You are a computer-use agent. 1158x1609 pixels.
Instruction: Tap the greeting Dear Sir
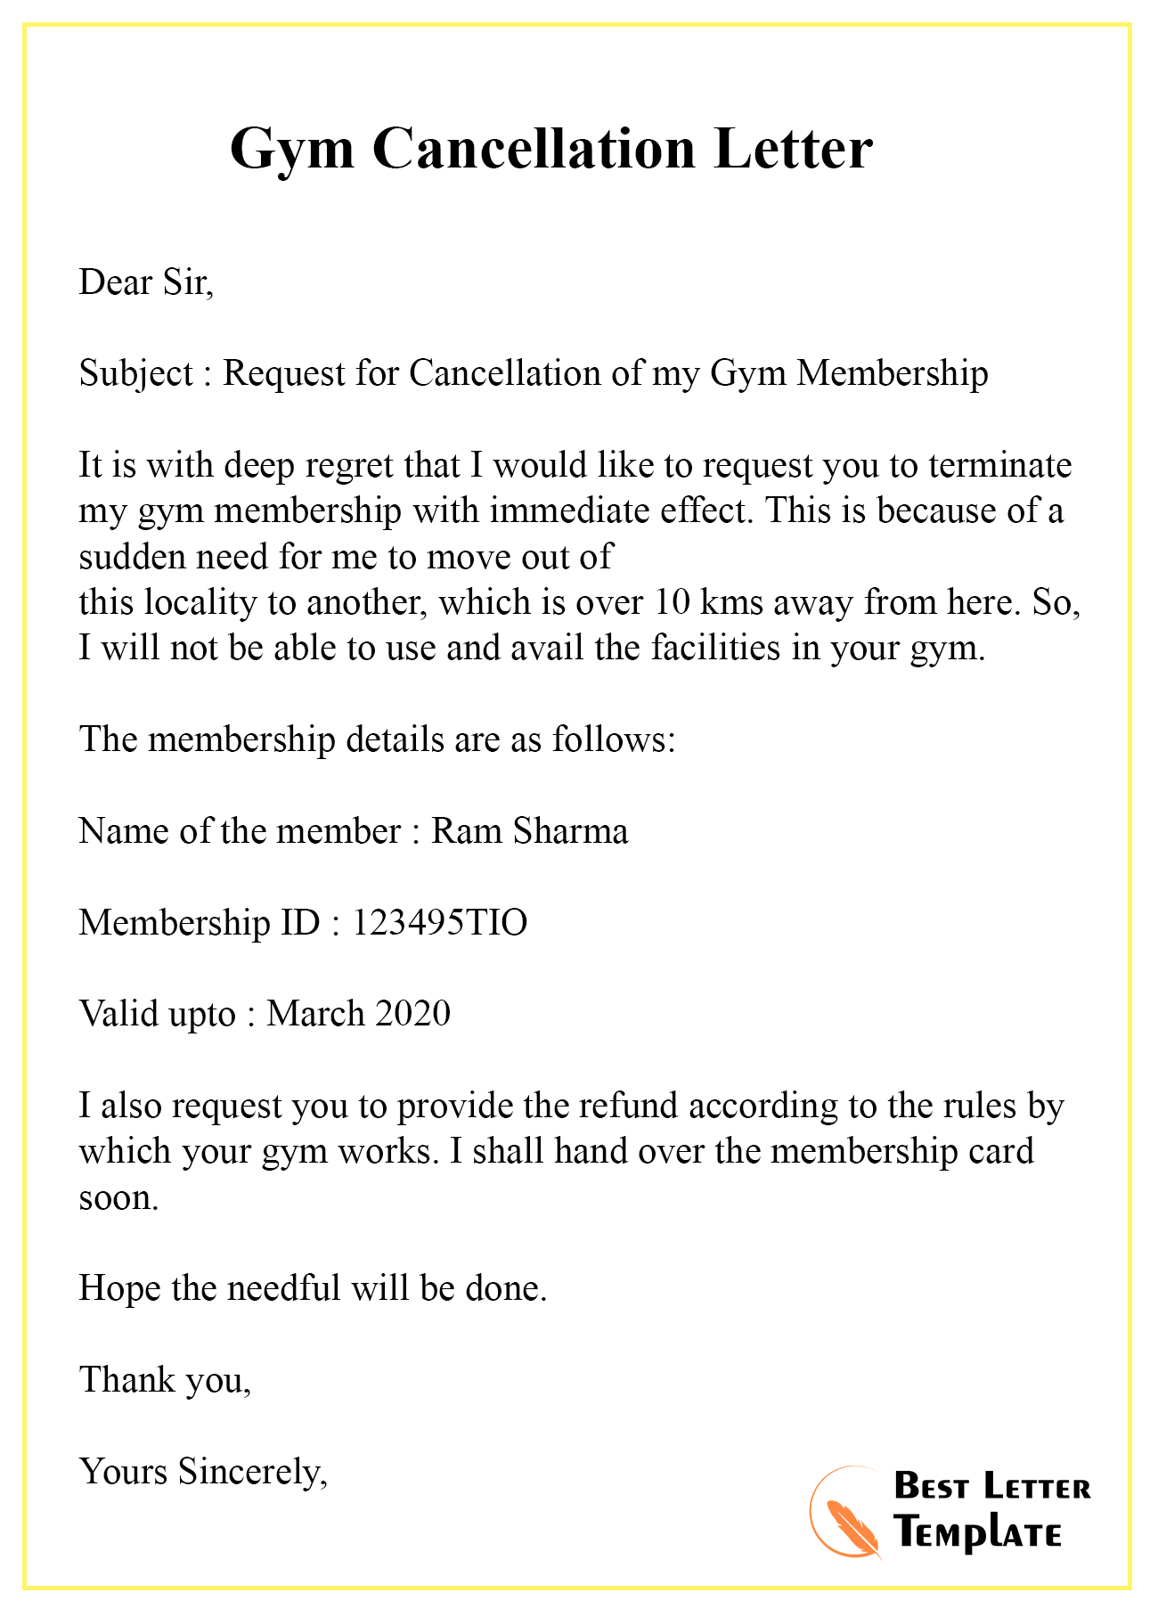[146, 282]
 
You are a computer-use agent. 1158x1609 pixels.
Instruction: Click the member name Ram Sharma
[530, 831]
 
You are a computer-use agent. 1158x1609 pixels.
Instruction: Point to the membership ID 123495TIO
[440, 922]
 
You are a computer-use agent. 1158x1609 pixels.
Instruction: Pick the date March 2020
[358, 1014]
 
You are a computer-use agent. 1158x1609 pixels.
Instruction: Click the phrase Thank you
[165, 1379]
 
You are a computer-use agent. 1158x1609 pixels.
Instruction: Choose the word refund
[631, 1106]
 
